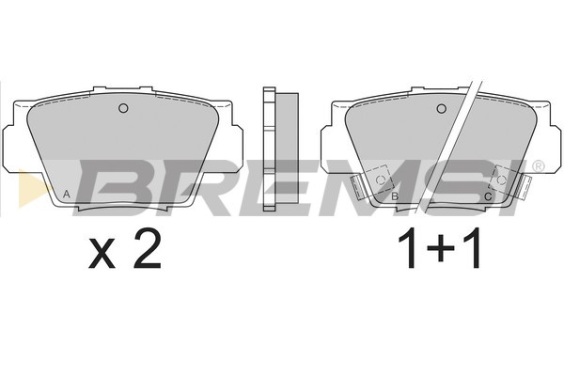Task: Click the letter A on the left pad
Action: coord(66,195)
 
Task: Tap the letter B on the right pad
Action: coord(395,196)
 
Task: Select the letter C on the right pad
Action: coord(488,196)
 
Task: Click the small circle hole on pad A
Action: coord(123,108)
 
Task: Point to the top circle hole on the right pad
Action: coord(442,108)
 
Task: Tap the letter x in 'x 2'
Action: coord(102,255)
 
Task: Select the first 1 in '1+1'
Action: coord(410,248)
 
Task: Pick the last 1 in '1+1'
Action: coord(472,248)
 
